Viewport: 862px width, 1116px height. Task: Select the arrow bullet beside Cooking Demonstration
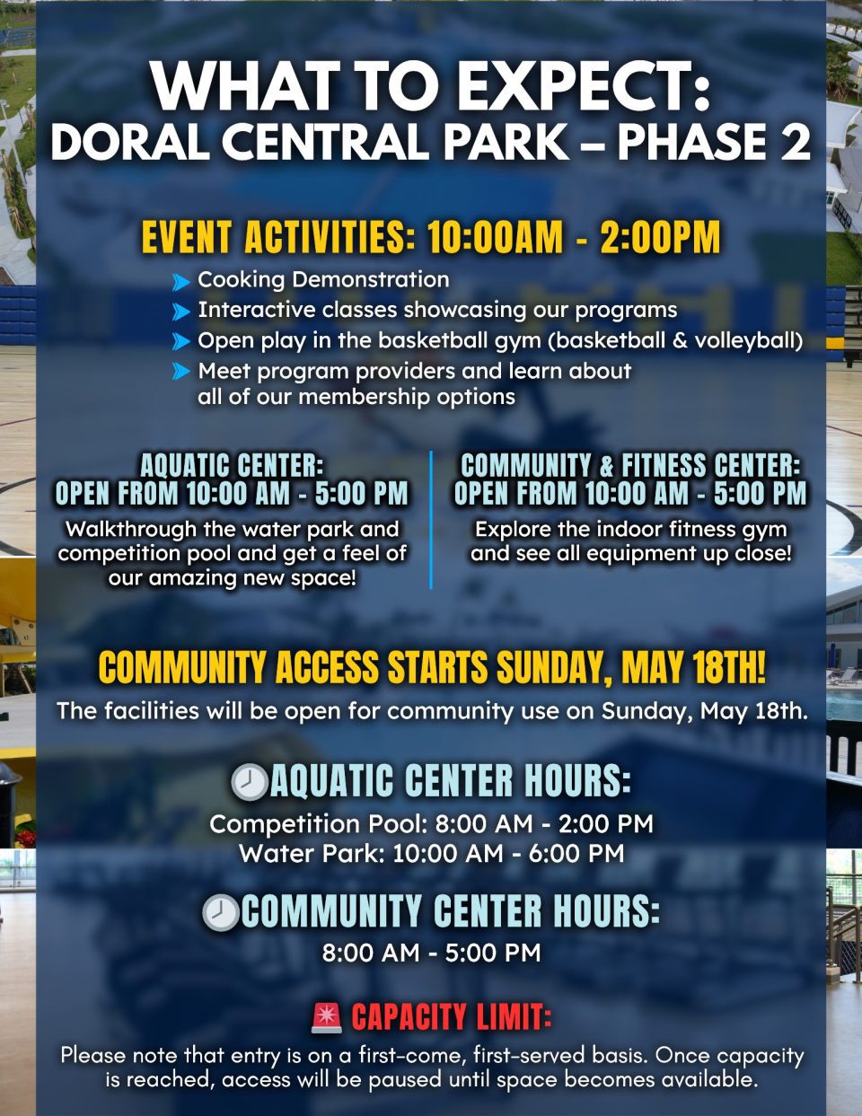click(180, 281)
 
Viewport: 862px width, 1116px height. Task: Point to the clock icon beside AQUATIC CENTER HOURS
click(249, 782)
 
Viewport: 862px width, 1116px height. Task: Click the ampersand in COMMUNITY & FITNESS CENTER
click(606, 466)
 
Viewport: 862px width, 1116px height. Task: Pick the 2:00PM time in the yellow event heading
click(660, 237)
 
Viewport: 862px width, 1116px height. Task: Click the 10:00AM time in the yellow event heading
click(496, 237)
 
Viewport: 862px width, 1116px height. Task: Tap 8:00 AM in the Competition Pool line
click(484, 824)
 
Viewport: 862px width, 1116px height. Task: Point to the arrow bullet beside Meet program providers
click(180, 371)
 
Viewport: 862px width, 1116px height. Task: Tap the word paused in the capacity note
click(406, 1080)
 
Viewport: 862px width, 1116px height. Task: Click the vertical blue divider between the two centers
click(431, 520)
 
